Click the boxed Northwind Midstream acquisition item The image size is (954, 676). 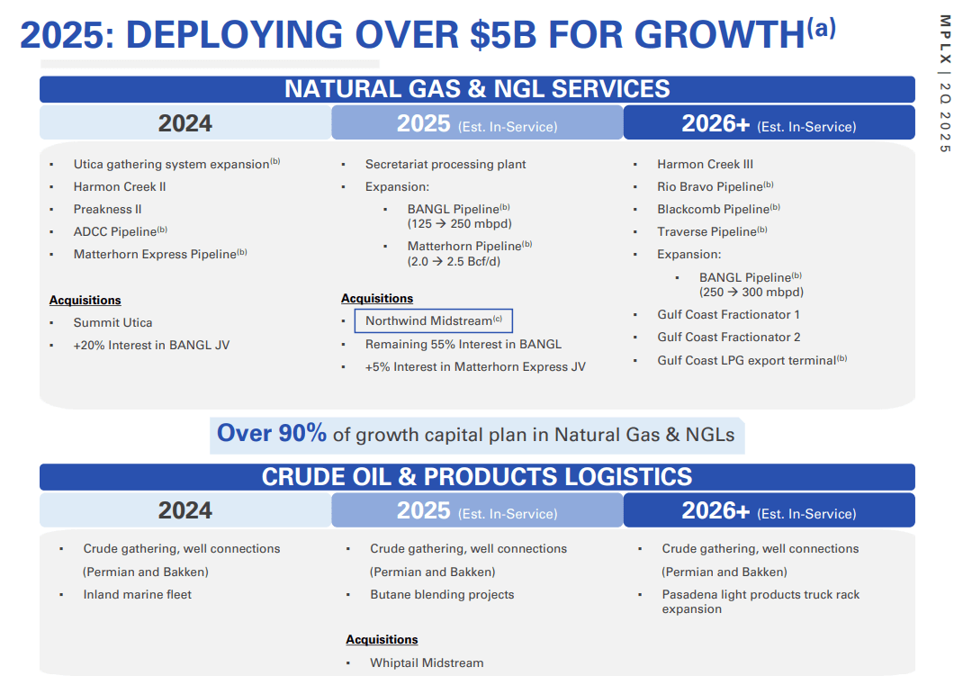[433, 320]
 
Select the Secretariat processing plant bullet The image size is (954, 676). [445, 164]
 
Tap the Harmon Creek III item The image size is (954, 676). [705, 164]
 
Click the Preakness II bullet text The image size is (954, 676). [107, 209]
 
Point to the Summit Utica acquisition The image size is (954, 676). [112, 322]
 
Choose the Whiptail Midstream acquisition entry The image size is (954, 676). [427, 662]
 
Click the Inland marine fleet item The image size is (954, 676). [137, 594]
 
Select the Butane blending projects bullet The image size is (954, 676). [442, 594]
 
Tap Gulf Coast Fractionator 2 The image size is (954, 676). [728, 337]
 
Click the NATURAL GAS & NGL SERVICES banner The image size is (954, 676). [477, 89]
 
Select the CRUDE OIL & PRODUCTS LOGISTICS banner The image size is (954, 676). [477, 477]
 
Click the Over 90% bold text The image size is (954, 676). [272, 434]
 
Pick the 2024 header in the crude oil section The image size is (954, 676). [184, 510]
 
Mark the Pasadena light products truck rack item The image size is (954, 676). [760, 601]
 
